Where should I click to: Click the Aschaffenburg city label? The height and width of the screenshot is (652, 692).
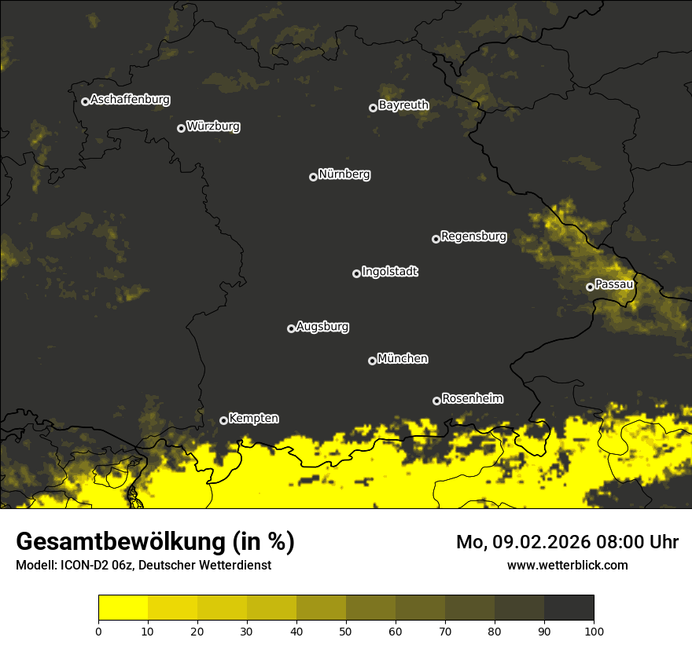[x=130, y=100]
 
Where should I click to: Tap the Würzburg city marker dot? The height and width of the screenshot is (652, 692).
[x=181, y=128]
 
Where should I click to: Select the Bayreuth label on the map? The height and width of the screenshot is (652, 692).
[x=403, y=105]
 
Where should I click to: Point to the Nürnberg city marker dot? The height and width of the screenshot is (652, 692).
[x=313, y=177]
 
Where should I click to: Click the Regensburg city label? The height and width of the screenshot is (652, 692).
[x=473, y=236]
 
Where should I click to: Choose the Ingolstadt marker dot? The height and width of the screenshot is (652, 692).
[x=356, y=273]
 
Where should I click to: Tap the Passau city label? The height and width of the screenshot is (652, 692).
[x=613, y=284]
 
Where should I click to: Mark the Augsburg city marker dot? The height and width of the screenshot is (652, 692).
[x=291, y=328]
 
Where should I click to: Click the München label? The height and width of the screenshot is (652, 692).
[x=403, y=359]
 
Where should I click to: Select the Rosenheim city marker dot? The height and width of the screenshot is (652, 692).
[x=436, y=401]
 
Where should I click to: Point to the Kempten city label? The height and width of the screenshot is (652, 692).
[x=253, y=419]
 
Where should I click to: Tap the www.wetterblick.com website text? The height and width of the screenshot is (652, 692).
[x=567, y=566]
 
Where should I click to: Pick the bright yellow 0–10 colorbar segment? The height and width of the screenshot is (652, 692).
[x=123, y=607]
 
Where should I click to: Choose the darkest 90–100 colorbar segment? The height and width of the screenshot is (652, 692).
[x=569, y=607]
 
